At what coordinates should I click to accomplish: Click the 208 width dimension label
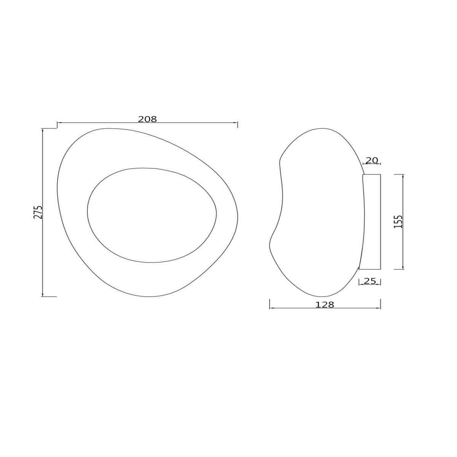[147, 119]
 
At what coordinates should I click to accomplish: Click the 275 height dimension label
[38, 212]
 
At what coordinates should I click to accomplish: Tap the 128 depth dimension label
[325, 305]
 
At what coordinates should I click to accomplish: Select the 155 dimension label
[398, 221]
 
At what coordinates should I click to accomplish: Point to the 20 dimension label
[372, 160]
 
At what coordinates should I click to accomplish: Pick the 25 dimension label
[370, 281]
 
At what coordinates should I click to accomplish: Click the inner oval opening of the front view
[152, 215]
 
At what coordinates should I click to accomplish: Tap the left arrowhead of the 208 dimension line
[59, 123]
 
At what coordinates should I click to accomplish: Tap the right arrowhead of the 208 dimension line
[236, 123]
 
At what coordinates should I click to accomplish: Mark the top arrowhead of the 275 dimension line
[43, 130]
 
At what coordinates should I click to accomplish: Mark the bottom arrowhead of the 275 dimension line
[43, 294]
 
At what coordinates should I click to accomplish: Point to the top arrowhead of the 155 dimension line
[403, 176]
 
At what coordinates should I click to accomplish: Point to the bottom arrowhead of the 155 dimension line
[403, 268]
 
